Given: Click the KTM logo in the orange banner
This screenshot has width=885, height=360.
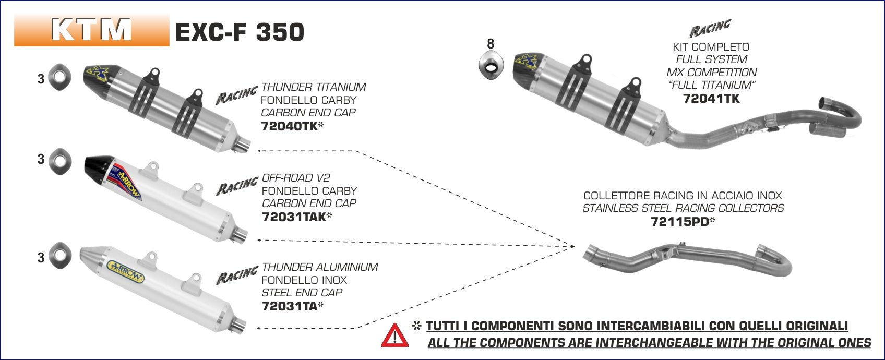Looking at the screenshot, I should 91,30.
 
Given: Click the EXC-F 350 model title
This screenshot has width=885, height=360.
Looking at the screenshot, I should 240,32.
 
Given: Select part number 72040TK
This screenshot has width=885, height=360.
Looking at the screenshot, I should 289,126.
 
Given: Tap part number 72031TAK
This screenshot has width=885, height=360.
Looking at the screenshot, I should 293,217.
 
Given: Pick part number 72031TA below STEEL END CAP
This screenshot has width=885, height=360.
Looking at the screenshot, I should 289,306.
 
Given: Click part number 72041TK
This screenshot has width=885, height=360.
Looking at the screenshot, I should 711,98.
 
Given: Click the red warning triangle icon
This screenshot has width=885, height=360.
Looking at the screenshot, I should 395,335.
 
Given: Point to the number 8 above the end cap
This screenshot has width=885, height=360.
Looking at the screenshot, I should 490,44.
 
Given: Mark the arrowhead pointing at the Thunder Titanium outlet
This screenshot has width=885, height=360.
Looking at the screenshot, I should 259,151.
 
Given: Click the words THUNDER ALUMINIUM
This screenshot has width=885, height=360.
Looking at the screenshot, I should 320,267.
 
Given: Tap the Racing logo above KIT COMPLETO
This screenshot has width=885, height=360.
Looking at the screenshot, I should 710,29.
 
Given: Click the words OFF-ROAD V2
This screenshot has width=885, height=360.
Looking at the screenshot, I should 296,178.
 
